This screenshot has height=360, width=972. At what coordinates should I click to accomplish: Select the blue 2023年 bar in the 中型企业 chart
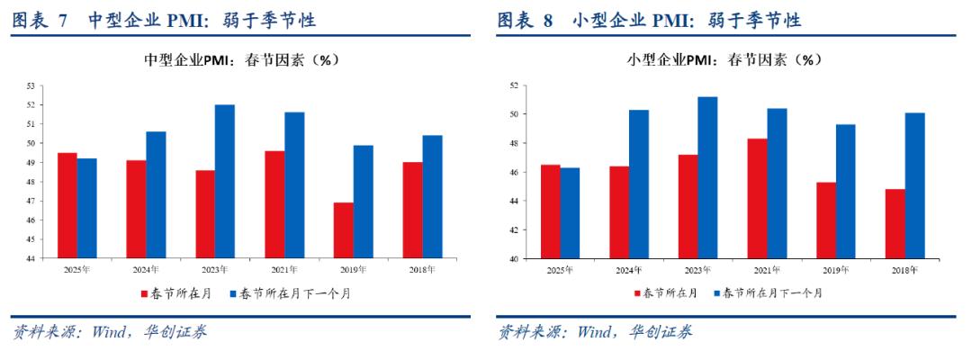coord(225,181)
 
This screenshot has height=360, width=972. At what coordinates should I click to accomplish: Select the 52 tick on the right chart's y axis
coord(514,85)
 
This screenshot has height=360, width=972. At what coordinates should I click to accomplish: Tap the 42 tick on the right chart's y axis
coord(514,229)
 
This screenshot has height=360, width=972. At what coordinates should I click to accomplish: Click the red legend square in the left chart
coord(143,293)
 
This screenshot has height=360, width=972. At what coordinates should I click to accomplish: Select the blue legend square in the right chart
coord(718,293)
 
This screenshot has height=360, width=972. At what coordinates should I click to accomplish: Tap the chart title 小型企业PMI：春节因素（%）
coord(725,60)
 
